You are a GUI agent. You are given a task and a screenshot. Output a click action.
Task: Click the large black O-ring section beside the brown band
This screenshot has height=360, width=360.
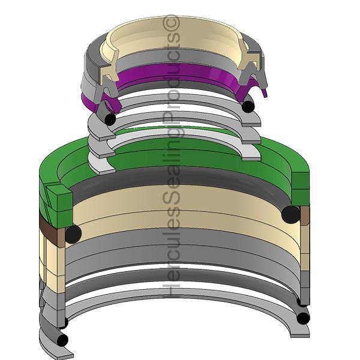(73, 234)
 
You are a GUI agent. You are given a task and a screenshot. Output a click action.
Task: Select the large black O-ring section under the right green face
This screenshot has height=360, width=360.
(290, 215)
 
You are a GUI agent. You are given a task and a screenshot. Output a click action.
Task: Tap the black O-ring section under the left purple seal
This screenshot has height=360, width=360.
(110, 119)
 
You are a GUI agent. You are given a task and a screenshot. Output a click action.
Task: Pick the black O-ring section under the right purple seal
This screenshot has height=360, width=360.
(248, 106)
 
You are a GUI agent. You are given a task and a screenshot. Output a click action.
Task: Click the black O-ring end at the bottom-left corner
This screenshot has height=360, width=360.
(62, 340)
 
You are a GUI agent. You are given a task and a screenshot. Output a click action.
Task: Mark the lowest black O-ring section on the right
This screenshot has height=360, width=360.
(303, 319)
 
